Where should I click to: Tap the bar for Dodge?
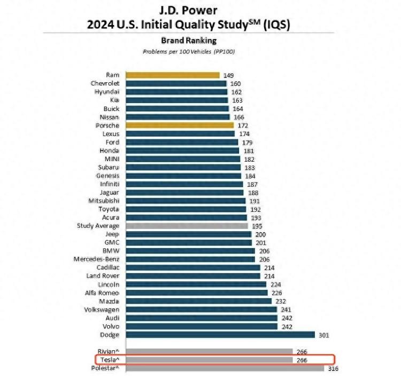[x=218, y=335]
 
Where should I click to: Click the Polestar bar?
[x=223, y=368]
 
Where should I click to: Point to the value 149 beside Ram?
[x=228, y=76]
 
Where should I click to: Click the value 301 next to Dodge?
[x=324, y=335]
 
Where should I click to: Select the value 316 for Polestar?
[x=333, y=368]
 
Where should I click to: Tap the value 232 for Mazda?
[x=281, y=301]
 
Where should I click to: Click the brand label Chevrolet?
[x=105, y=83]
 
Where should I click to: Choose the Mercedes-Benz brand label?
[x=96, y=259]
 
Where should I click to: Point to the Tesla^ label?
[x=109, y=360]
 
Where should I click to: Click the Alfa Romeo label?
[x=102, y=293]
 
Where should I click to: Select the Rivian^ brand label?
[x=109, y=351]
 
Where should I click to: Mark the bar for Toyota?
[x=185, y=209]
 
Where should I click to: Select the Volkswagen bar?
[x=200, y=310]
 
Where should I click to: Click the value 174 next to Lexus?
[x=244, y=134]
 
